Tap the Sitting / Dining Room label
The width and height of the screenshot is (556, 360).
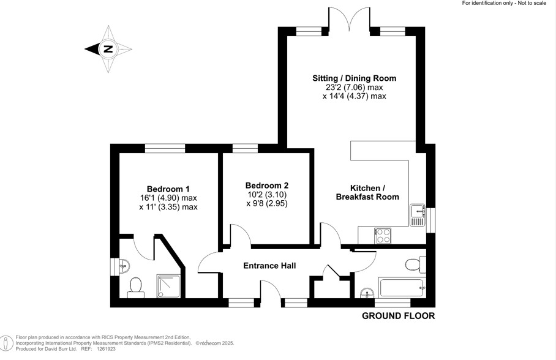tap(354, 78)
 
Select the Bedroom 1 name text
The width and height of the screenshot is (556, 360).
tap(168, 189)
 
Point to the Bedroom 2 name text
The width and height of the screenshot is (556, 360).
tap(266, 186)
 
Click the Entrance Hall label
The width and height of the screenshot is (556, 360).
tap(269, 266)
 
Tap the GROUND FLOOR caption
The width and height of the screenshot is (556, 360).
tap(398, 316)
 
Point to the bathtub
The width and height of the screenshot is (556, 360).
tap(401, 287)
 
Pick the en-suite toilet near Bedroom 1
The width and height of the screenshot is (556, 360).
tap(135, 287)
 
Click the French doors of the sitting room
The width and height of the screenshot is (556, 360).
tap(350, 18)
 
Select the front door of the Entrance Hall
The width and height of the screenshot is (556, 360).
tap(270, 291)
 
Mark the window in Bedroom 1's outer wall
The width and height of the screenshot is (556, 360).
tap(165, 148)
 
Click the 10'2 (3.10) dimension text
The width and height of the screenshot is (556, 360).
tap(266, 195)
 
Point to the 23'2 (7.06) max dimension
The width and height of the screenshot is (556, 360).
tap(354, 88)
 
